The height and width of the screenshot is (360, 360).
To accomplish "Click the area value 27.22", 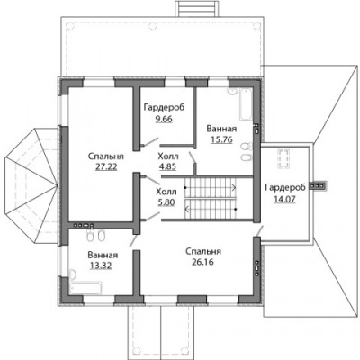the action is tap(106, 166).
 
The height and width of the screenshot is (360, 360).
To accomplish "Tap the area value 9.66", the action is tap(164, 119).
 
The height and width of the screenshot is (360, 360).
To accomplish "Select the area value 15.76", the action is tap(221, 139).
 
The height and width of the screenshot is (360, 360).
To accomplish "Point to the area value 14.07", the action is tap(285, 199).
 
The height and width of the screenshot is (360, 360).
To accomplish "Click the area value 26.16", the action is tap(202, 262).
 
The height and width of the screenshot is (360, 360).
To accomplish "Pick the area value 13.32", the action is tap(101, 265).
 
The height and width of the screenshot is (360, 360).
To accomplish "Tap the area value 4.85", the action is tap(167, 166).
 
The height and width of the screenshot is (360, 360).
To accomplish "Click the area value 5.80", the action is tap(166, 202).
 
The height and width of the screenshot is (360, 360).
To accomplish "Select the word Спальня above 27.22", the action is tap(106, 157).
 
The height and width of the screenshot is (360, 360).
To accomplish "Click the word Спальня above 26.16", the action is tap(203, 251).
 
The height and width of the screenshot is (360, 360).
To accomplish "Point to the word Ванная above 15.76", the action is tap(221, 129).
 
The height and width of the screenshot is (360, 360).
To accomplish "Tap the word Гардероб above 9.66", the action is tap(164, 107).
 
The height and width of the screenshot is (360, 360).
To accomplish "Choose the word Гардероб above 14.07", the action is tap(285, 187).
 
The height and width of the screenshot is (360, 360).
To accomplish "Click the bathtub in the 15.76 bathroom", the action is tap(246, 104).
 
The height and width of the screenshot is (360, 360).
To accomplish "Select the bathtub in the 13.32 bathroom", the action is tap(86, 288).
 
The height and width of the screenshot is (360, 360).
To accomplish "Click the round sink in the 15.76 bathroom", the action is tap(232, 91).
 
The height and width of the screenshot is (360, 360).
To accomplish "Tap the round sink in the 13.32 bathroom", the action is tap(73, 274).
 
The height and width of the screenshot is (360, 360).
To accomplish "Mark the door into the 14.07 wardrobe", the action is tap(260, 230).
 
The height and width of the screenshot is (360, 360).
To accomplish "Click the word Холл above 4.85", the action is tap(168, 157).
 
